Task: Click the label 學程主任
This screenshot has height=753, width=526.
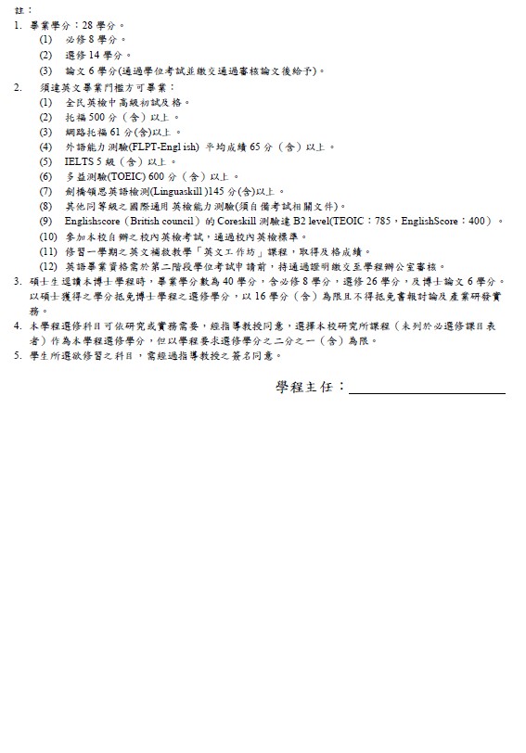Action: (310, 386)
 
